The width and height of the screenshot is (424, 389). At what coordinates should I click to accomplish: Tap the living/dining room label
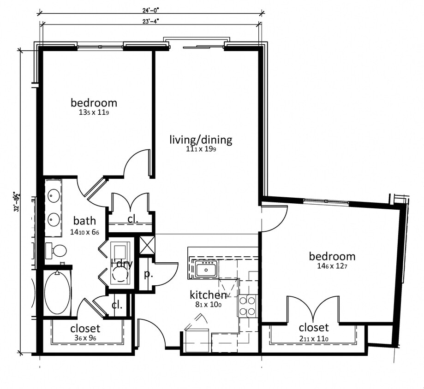tap(201, 140)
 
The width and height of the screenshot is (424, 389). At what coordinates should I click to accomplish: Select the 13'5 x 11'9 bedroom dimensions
tap(94, 112)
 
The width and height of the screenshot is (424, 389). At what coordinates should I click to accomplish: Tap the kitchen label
tap(208, 295)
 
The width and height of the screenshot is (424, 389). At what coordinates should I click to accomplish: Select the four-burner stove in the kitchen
tap(247, 306)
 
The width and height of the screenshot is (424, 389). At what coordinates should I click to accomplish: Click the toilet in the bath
tap(56, 251)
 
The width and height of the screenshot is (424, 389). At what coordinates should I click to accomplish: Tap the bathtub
tap(57, 292)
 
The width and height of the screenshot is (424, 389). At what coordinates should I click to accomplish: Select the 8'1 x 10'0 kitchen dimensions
tap(208, 304)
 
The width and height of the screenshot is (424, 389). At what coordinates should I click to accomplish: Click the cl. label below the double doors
tap(133, 219)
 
